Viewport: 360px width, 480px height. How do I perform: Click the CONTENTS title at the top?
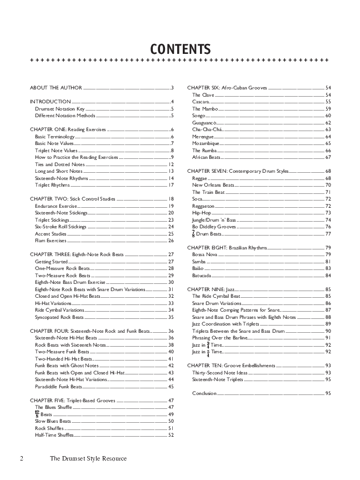coord(180,49)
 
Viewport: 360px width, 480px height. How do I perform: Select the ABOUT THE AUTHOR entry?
coord(56,88)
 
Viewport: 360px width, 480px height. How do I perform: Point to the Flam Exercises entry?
coord(51,241)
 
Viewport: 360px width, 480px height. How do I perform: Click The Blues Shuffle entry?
coord(53,407)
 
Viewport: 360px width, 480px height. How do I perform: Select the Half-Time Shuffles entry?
coord(54,435)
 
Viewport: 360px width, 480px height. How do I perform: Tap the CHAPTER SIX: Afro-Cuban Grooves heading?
coord(227,88)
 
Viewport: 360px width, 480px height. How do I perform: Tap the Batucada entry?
coord(202,276)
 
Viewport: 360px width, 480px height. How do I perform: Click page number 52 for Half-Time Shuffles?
coord(171,435)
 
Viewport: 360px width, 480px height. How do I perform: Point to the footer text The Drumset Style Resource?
coord(88,458)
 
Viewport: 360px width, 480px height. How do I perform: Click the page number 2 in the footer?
coord(22,458)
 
